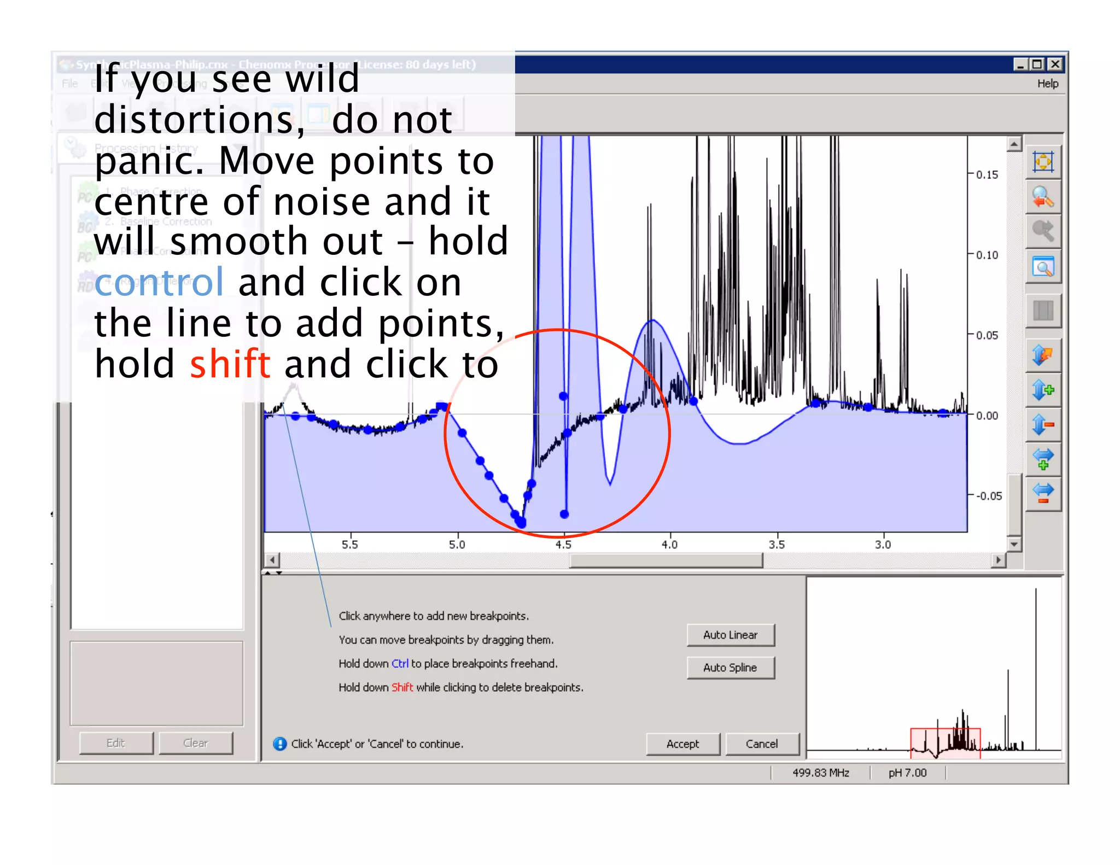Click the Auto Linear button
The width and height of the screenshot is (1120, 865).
pyautogui.click(x=730, y=635)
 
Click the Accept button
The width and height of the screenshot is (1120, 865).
pyautogui.click(x=682, y=744)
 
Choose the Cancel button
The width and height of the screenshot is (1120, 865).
pyautogui.click(x=761, y=744)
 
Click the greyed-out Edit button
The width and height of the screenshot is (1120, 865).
pyautogui.click(x=115, y=743)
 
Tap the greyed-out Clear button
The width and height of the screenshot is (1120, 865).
pyautogui.click(x=195, y=743)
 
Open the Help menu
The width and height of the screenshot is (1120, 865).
pyautogui.click(x=1047, y=84)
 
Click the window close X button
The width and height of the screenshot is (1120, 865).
pyautogui.click(x=1055, y=65)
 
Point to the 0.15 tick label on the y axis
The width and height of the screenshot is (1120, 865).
pyautogui.click(x=987, y=175)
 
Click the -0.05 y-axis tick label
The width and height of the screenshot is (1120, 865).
pyautogui.click(x=989, y=496)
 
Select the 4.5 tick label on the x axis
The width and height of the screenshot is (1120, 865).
pyautogui.click(x=563, y=545)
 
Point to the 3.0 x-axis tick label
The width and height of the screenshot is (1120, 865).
pyautogui.click(x=883, y=545)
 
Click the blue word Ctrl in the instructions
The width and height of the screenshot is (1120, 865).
pyautogui.click(x=400, y=664)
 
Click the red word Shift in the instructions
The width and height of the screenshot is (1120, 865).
pyautogui.click(x=402, y=687)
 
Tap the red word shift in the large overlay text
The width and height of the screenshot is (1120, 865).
pyautogui.click(x=230, y=365)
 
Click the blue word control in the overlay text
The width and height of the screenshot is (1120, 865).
pyautogui.click(x=159, y=283)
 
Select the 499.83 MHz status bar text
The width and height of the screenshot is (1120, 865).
pyautogui.click(x=820, y=773)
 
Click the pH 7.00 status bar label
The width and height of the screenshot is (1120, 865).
pyautogui.click(x=907, y=773)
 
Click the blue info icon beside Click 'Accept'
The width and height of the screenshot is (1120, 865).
pyautogui.click(x=279, y=744)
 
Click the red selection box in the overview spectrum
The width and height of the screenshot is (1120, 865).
pyautogui.click(x=945, y=743)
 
